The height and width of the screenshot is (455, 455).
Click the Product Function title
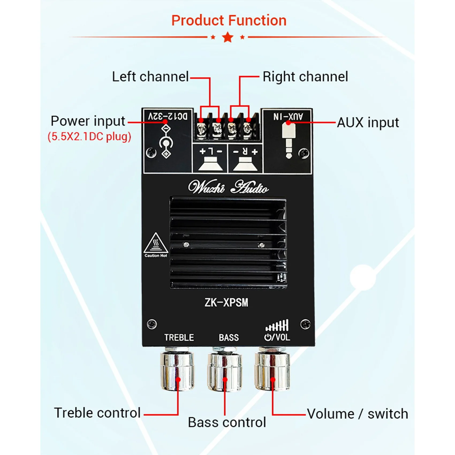(229, 21)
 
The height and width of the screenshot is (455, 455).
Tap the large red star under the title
(228, 37)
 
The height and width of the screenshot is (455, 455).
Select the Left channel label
(150, 77)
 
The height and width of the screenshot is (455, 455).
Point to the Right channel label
(305, 77)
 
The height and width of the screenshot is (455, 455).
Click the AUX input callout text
(368, 123)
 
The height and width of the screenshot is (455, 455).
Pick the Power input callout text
(88, 121)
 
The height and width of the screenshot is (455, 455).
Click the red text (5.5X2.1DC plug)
(89, 137)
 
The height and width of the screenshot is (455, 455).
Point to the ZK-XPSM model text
(226, 303)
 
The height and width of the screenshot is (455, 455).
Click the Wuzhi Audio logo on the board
(228, 187)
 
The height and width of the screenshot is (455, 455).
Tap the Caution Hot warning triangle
(156, 244)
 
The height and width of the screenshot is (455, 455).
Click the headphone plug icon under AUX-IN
(289, 141)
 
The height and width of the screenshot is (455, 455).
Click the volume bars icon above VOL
(277, 325)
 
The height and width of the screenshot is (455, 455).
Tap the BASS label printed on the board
(229, 338)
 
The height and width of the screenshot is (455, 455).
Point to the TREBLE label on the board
(179, 338)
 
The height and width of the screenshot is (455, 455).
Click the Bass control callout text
(227, 423)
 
